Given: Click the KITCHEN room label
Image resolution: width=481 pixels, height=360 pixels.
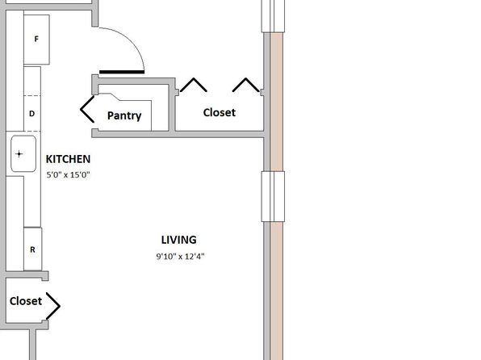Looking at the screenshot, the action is (68, 159).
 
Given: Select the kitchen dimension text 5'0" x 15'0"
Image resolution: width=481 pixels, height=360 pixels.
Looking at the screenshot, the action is (68, 175).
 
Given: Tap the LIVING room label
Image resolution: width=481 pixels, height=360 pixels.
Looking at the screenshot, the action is (179, 240).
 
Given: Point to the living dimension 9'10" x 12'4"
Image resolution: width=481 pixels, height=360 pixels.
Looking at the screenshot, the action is (181, 256).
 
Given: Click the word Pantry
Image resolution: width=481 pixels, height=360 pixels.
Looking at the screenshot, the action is (124, 115).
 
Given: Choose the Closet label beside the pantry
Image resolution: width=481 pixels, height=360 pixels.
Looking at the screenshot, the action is (220, 112).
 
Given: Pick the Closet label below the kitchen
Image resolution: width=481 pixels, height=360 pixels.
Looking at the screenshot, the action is (26, 301).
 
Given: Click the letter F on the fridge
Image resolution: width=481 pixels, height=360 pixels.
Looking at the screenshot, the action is (36, 39).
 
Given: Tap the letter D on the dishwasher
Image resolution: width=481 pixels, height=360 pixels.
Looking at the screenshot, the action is (32, 114).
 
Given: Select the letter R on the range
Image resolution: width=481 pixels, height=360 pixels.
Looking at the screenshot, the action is (32, 250).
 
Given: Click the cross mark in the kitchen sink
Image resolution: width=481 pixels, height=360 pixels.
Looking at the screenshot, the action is (19, 153).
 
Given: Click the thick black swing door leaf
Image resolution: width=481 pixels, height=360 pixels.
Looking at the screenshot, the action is (122, 73).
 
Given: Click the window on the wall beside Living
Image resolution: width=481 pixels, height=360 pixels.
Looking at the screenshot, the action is (273, 196).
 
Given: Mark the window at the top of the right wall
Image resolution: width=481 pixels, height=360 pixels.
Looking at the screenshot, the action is (273, 16).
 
